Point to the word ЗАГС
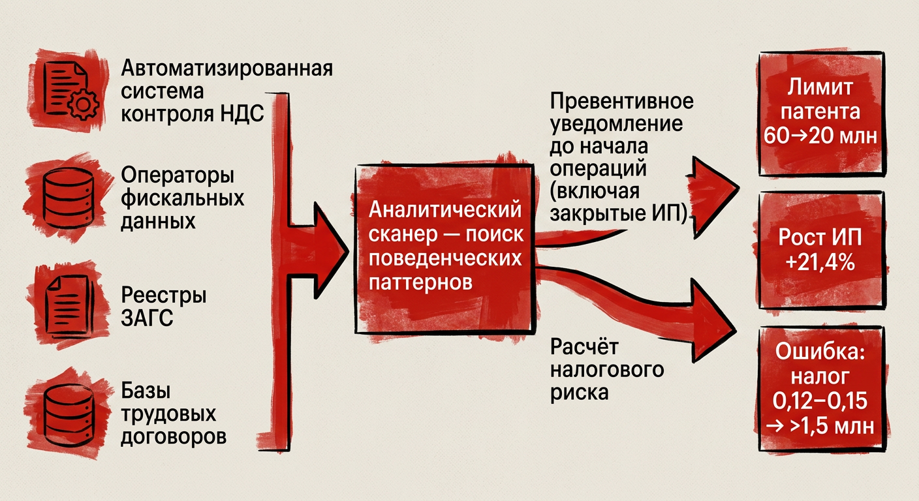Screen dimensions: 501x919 pos(148,320)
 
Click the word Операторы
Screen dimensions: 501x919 pos(178,177)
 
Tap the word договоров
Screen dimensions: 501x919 pos(174,436)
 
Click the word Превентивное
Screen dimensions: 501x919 pos(621,102)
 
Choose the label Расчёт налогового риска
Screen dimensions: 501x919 pos(607,369)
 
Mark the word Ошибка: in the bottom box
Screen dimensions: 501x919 pos(820,352)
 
